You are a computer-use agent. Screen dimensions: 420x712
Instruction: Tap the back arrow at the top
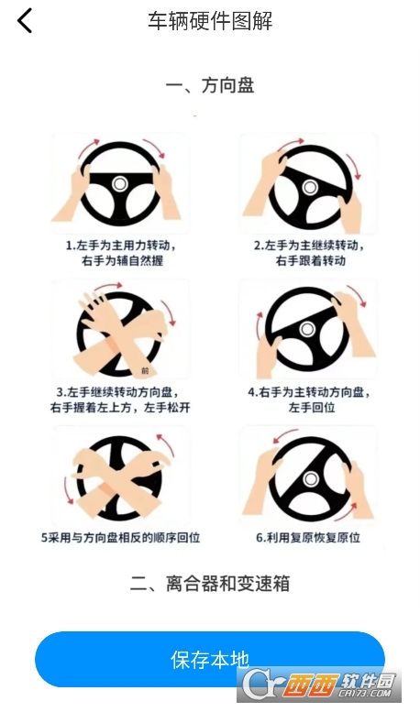coord(25,21)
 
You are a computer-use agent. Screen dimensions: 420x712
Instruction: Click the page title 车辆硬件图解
coord(210,21)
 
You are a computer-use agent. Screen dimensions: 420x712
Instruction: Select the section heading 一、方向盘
coord(210,85)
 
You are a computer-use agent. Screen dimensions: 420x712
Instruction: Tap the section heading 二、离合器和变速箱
coord(210,584)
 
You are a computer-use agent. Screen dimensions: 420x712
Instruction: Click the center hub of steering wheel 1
coord(120,184)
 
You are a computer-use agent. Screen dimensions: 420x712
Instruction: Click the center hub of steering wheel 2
coord(311,187)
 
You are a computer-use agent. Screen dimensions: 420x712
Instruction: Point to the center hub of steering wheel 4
coord(307,329)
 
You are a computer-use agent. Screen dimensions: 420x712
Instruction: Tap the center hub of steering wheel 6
coord(311,478)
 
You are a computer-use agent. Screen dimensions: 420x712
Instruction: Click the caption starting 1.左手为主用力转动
coord(121,253)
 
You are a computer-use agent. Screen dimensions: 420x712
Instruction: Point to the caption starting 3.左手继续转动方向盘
coord(120,400)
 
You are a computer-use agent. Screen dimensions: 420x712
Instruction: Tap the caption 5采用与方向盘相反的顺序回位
coord(120,538)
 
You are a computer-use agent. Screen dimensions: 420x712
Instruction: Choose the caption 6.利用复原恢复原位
coord(308,538)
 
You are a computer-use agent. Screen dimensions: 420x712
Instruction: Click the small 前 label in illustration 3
coord(145,370)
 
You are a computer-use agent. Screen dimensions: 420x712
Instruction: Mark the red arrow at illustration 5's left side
coord(68,489)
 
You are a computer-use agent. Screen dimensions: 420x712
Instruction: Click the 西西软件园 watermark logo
coord(319,685)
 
